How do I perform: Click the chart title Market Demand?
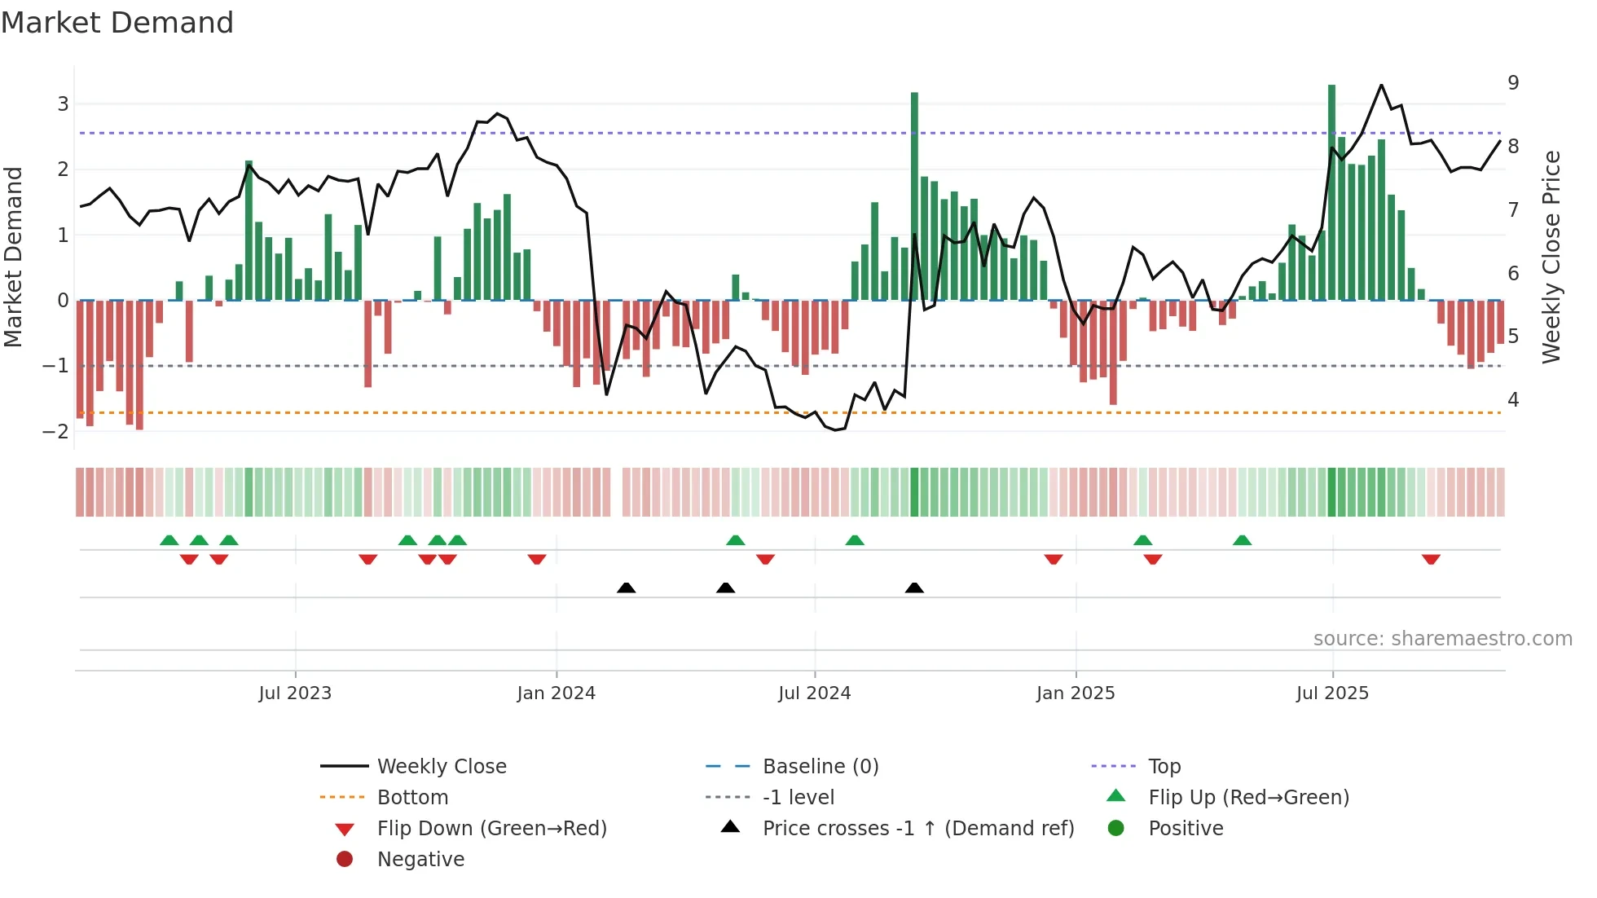point(117,23)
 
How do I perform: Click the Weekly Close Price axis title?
point(1551,257)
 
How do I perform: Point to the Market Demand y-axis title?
point(14,257)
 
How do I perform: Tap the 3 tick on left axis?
point(63,104)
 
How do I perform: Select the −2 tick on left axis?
point(56,431)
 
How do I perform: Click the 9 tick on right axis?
point(1513,83)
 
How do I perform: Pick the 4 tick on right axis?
point(1513,400)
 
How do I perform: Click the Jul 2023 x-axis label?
point(295,693)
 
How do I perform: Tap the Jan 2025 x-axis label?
point(1076,693)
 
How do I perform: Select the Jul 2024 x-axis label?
point(814,693)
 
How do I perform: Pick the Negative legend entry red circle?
point(345,860)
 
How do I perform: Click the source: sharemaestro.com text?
point(1442,639)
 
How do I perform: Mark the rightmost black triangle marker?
point(914,588)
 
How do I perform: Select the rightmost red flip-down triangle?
point(1431,559)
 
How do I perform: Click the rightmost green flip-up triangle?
point(1242,540)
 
